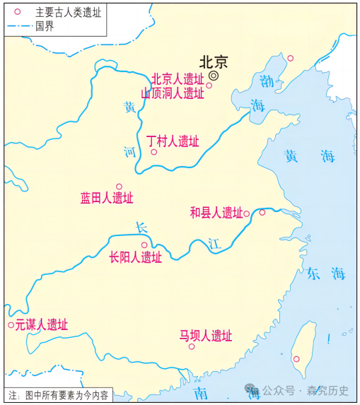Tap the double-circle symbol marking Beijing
coord(214,75)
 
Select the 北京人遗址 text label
coord(178,78)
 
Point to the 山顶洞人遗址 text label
coord(172,93)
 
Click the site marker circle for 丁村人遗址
coord(153,151)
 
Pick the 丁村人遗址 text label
coord(173,140)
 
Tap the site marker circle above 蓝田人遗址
coord(119,187)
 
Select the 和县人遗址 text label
coord(216,212)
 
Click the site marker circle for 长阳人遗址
coord(144,245)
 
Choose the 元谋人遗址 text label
coord(42,324)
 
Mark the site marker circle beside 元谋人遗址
coord(11,325)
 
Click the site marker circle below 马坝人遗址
coord(192,346)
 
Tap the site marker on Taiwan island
coord(296,359)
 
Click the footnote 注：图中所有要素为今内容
coord(57,395)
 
